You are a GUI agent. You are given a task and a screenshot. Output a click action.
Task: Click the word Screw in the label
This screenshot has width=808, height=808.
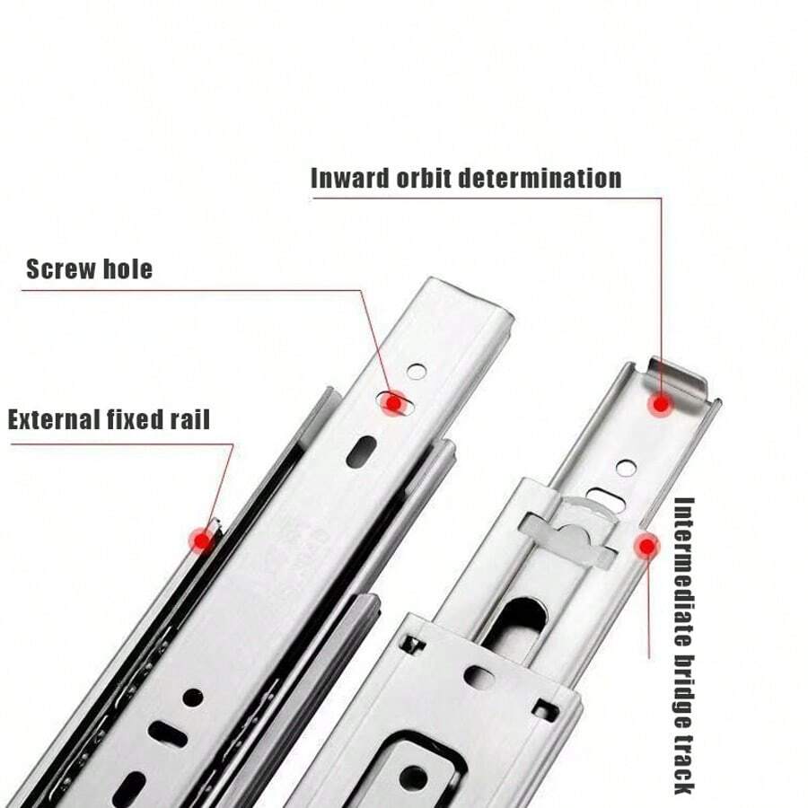[x=60, y=269]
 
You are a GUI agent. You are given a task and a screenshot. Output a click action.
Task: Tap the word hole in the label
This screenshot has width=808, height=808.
[x=127, y=269]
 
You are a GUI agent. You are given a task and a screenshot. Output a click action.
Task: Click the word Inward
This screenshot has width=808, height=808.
[x=350, y=179]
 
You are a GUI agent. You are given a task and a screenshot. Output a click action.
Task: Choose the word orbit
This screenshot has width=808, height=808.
[x=424, y=179]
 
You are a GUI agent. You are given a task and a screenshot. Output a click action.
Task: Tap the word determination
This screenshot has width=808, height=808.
[x=540, y=179]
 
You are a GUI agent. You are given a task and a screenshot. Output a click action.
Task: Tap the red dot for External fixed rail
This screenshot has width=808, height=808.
[x=203, y=540]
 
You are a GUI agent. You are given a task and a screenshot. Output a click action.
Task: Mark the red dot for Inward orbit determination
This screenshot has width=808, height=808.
[x=661, y=405]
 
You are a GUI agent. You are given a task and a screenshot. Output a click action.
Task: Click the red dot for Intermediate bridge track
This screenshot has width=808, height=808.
[x=646, y=547]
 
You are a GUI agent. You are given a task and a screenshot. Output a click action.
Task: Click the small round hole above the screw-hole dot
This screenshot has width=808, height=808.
[x=417, y=371]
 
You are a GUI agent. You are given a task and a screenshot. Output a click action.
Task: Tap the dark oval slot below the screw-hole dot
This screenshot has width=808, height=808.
[x=362, y=452]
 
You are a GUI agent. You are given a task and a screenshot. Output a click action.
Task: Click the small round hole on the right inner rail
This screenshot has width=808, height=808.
[x=626, y=468]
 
